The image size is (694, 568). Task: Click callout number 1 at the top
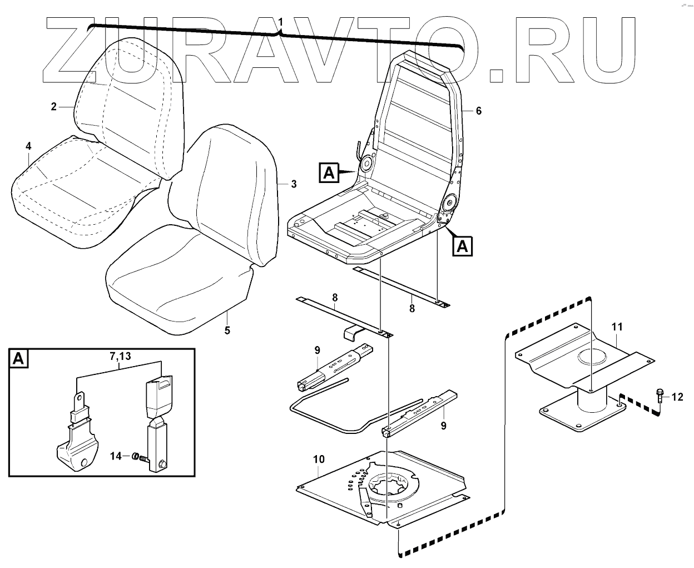coord(281,22)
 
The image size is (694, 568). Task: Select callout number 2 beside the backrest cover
coord(54,106)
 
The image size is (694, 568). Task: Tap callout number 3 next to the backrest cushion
coord(294,184)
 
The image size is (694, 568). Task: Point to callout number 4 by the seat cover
coord(28,146)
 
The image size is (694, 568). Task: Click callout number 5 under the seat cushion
coord(227,330)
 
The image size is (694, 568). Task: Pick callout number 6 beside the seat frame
coord(478,111)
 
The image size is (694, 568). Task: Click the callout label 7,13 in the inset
coord(117,356)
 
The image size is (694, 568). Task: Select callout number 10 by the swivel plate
coord(319,460)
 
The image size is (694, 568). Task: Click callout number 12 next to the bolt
coord(677,397)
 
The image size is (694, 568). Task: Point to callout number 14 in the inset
coord(115,456)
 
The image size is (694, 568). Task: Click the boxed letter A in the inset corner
coord(18,359)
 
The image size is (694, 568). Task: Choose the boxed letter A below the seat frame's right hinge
coord(462,245)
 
